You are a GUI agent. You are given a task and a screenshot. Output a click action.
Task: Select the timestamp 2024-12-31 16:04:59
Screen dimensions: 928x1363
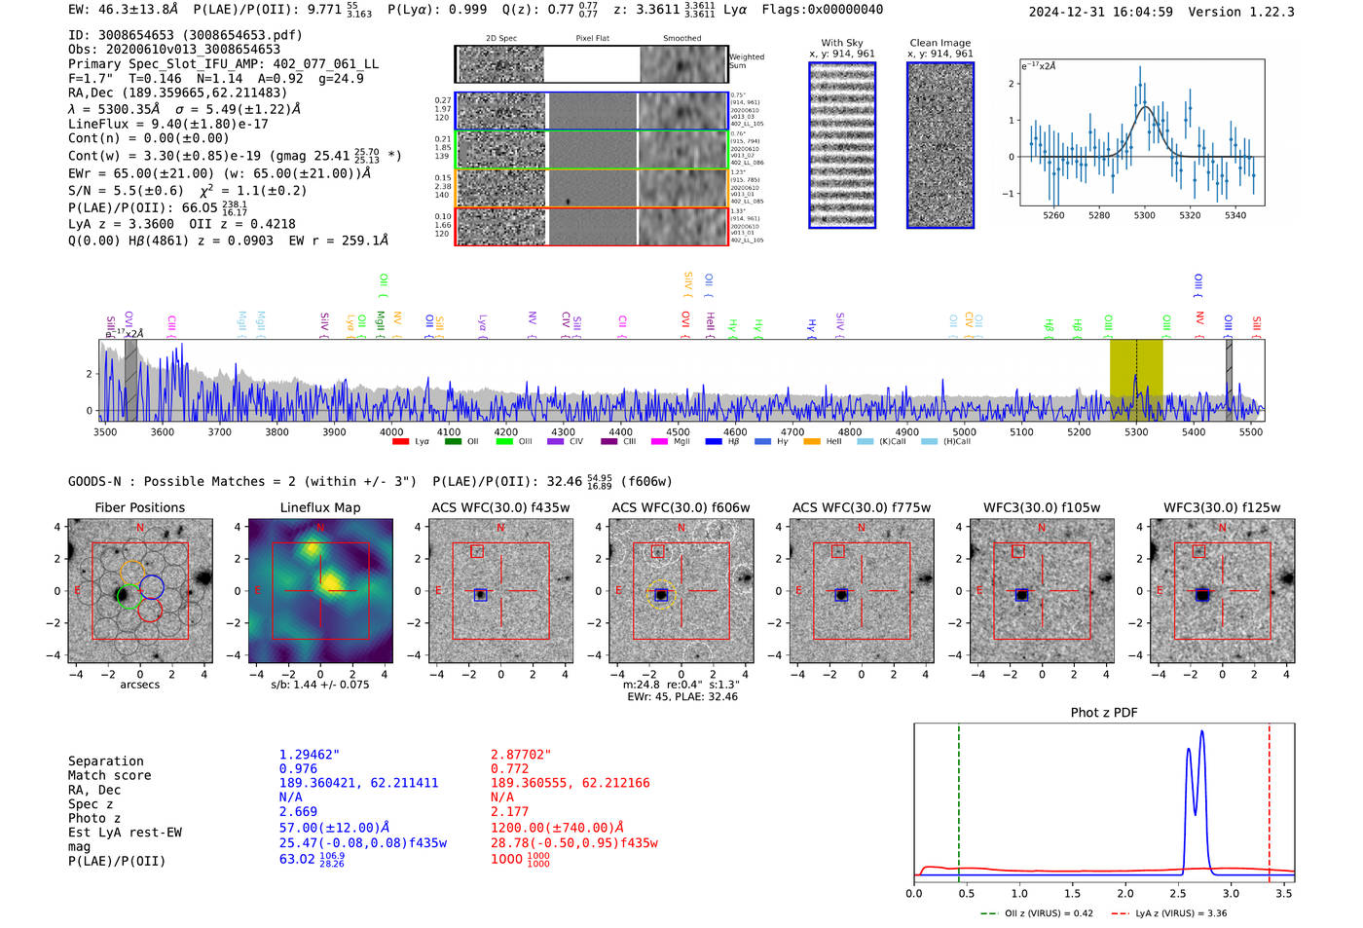point(1100,12)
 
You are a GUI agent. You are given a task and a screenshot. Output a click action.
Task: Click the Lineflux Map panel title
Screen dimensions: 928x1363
point(319,507)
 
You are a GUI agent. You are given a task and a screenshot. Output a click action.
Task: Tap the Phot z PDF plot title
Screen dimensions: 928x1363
point(1103,713)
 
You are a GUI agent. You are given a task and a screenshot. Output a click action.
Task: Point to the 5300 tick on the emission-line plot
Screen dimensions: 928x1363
point(1144,215)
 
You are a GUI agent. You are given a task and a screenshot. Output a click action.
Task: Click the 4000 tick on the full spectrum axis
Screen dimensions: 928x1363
point(391,432)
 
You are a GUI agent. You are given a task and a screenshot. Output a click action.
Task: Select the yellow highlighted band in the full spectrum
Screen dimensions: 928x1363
point(1136,380)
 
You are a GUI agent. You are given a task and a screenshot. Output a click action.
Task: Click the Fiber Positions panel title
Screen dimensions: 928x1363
point(139,507)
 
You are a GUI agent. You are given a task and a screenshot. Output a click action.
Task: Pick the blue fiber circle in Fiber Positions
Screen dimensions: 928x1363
point(151,586)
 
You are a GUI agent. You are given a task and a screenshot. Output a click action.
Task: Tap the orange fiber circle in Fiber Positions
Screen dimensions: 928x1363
point(132,573)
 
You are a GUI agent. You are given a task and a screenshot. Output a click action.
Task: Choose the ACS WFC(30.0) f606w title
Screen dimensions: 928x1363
point(681,507)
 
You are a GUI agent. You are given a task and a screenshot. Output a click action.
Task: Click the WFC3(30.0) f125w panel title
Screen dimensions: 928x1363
point(1222,507)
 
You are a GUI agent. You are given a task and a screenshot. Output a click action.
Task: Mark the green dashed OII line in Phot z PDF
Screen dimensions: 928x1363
point(959,798)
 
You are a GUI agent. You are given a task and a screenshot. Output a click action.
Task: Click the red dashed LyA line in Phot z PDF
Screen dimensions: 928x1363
point(1270,798)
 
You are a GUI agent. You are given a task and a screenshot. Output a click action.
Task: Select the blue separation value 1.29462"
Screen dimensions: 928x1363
point(309,755)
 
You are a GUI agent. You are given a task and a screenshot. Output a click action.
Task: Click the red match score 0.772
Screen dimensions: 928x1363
point(510,769)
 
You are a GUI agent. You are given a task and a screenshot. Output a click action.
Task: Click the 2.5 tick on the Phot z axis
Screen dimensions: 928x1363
point(1178,893)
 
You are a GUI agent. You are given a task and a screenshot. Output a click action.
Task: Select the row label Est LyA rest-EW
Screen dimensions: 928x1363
point(125,833)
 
